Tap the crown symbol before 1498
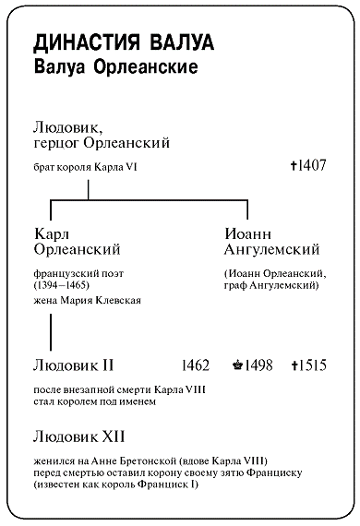click(x=239, y=365)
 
